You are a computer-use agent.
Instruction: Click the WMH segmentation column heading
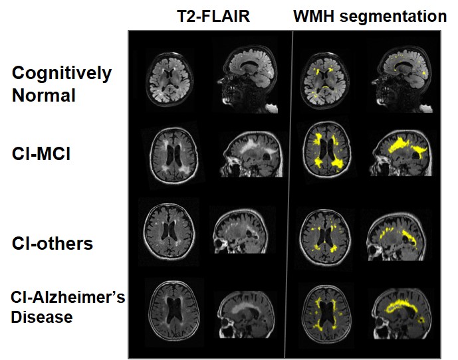[x=370, y=17]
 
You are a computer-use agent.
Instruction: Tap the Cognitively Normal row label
[x=61, y=84]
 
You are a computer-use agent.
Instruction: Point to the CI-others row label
[x=52, y=243]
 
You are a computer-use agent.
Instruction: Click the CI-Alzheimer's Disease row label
[x=68, y=307]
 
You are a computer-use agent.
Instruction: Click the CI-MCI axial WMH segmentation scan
[x=326, y=157]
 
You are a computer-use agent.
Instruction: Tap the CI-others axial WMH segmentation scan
[x=326, y=236]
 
